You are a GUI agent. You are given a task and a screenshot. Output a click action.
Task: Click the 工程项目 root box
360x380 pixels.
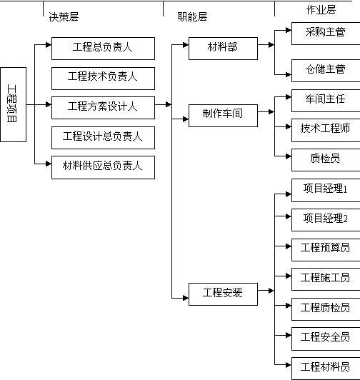pos(14,104)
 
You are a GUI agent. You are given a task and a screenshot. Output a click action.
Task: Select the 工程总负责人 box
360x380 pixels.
pos(103,49)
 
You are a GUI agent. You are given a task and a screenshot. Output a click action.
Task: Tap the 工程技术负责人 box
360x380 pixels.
pos(103,79)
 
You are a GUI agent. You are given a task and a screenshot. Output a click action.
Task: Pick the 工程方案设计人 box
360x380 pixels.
pos(103,108)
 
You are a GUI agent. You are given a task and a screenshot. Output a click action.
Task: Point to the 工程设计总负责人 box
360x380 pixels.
pos(103,138)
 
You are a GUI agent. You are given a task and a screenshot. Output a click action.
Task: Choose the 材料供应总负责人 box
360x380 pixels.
pos(103,167)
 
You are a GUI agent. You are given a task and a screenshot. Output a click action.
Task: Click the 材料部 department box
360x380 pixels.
pos(223,49)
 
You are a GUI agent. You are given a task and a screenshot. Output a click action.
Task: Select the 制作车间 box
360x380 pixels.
pos(223,116)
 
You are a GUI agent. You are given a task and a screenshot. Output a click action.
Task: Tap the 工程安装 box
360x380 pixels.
pos(223,294)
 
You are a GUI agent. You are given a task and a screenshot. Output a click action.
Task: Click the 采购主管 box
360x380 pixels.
pos(326,34)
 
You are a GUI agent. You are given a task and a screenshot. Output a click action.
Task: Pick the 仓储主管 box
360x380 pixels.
pos(326,71)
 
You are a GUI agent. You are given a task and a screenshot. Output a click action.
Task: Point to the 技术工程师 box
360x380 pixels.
pos(326,130)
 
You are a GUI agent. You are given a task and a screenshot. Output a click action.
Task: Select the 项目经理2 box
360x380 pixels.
pos(326,220)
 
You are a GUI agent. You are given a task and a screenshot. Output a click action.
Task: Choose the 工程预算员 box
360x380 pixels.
pos(326,250)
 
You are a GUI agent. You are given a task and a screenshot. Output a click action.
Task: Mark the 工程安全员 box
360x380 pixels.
pos(326,339)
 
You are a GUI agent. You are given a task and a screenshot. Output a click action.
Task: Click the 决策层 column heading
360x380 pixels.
pos(64,16)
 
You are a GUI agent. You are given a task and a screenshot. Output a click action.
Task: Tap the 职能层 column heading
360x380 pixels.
pos(192,16)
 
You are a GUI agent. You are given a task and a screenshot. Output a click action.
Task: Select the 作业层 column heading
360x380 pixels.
pos(321,10)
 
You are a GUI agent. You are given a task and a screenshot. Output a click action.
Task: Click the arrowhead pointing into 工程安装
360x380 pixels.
pos(186,298)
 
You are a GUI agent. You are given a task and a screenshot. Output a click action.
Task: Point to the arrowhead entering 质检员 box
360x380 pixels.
pos(289,156)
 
